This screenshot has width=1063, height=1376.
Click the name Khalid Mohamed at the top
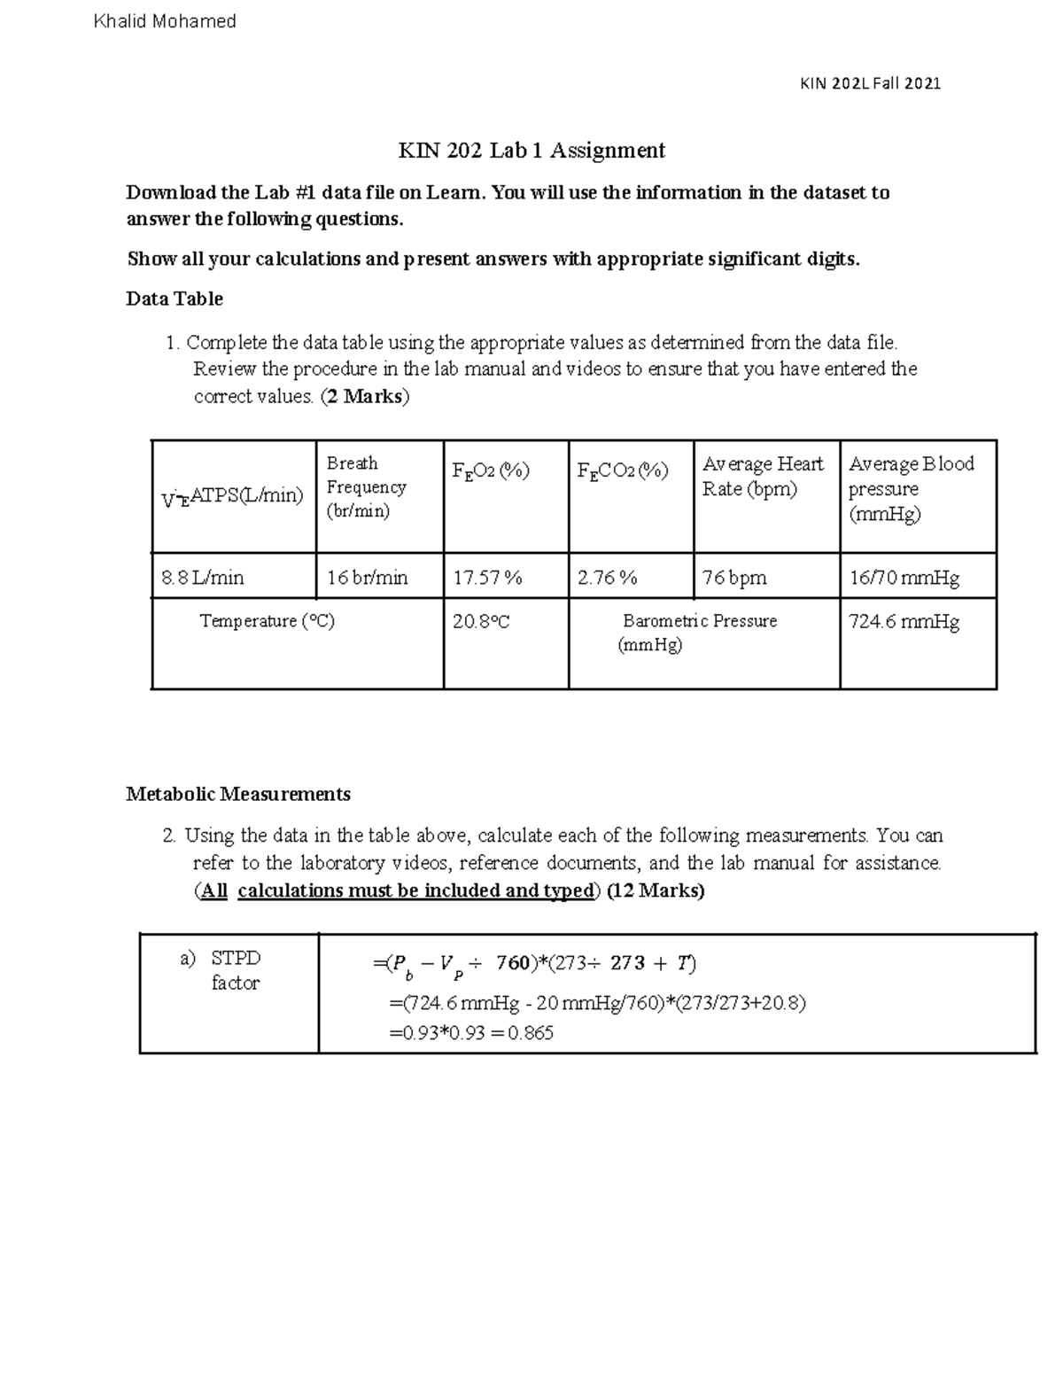tap(165, 21)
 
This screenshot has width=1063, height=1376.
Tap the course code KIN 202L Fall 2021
tap(870, 83)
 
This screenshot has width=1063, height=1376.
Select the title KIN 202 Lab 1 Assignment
tap(531, 151)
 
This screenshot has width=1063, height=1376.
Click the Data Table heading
tap(175, 299)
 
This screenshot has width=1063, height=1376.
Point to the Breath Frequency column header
tap(366, 487)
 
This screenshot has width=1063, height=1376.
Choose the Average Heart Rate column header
tap(763, 477)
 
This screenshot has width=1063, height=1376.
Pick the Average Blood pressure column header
tap(912, 488)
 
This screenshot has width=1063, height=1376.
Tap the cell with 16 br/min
tap(368, 579)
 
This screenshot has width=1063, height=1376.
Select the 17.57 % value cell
tap(488, 579)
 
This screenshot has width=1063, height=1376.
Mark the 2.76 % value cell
tap(608, 579)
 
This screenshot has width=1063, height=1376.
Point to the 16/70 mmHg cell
tap(904, 579)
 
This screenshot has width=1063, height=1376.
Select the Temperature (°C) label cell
tap(268, 621)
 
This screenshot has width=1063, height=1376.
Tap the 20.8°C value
tap(481, 622)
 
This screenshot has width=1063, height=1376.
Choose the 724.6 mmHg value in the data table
tap(904, 622)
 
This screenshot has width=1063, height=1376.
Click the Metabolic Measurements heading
tap(238, 794)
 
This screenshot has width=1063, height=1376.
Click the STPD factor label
tap(235, 970)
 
